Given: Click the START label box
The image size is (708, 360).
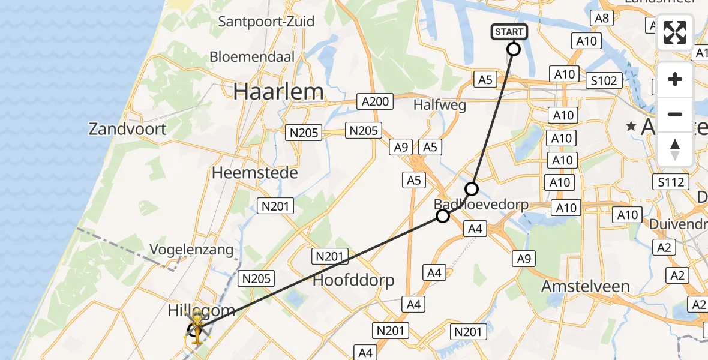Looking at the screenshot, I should click(x=509, y=32).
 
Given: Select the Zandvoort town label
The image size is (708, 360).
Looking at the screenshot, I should click(x=127, y=128).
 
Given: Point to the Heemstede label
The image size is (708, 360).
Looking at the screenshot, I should click(x=254, y=173).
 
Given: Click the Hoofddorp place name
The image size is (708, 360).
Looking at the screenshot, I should click(x=353, y=280).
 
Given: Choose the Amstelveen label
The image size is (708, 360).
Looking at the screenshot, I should click(x=586, y=286).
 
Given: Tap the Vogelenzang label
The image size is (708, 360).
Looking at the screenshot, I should click(x=192, y=250).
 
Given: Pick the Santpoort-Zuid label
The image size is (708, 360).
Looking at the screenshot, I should click(x=266, y=22).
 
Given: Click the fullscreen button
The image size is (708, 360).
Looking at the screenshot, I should click(x=675, y=32).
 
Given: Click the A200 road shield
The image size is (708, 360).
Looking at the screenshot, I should click(x=375, y=101).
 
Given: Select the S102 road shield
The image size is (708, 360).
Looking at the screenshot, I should click(x=604, y=80).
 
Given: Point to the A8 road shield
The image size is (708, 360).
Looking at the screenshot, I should click(x=602, y=18).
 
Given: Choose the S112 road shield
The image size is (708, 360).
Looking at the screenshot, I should click(x=671, y=182).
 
